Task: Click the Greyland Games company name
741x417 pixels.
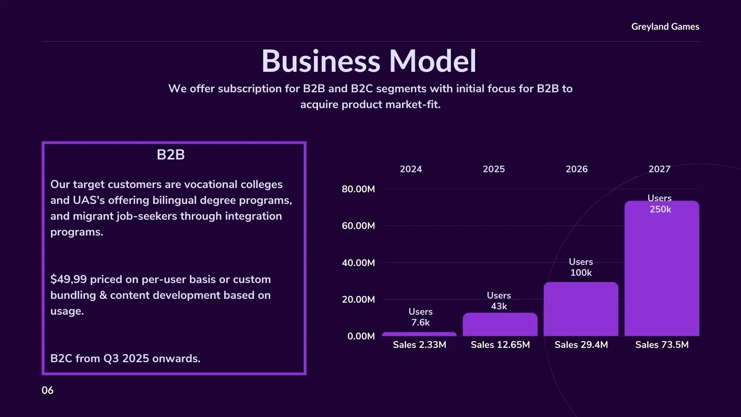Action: (665, 27)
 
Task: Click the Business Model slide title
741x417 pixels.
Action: (369, 61)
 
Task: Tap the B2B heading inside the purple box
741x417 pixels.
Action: (171, 155)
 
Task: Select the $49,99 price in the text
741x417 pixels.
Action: (68, 279)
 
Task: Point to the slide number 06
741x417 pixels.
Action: (47, 390)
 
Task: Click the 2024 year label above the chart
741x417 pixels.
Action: (411, 169)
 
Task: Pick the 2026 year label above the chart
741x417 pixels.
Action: (577, 169)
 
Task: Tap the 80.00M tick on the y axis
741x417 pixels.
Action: (358, 189)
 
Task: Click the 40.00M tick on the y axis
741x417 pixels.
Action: (358, 263)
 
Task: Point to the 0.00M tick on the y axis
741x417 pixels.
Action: (361, 336)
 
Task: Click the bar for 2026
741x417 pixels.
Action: (581, 311)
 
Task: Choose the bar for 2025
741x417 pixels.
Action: (500, 325)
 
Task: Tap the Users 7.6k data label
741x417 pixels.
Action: (420, 317)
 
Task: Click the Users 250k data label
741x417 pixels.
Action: (660, 204)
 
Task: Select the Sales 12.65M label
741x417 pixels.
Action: (500, 345)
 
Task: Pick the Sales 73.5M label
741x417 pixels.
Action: (662, 345)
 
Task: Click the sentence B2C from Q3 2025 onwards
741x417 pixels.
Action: (125, 359)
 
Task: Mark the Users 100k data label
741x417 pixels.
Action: (581, 267)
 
